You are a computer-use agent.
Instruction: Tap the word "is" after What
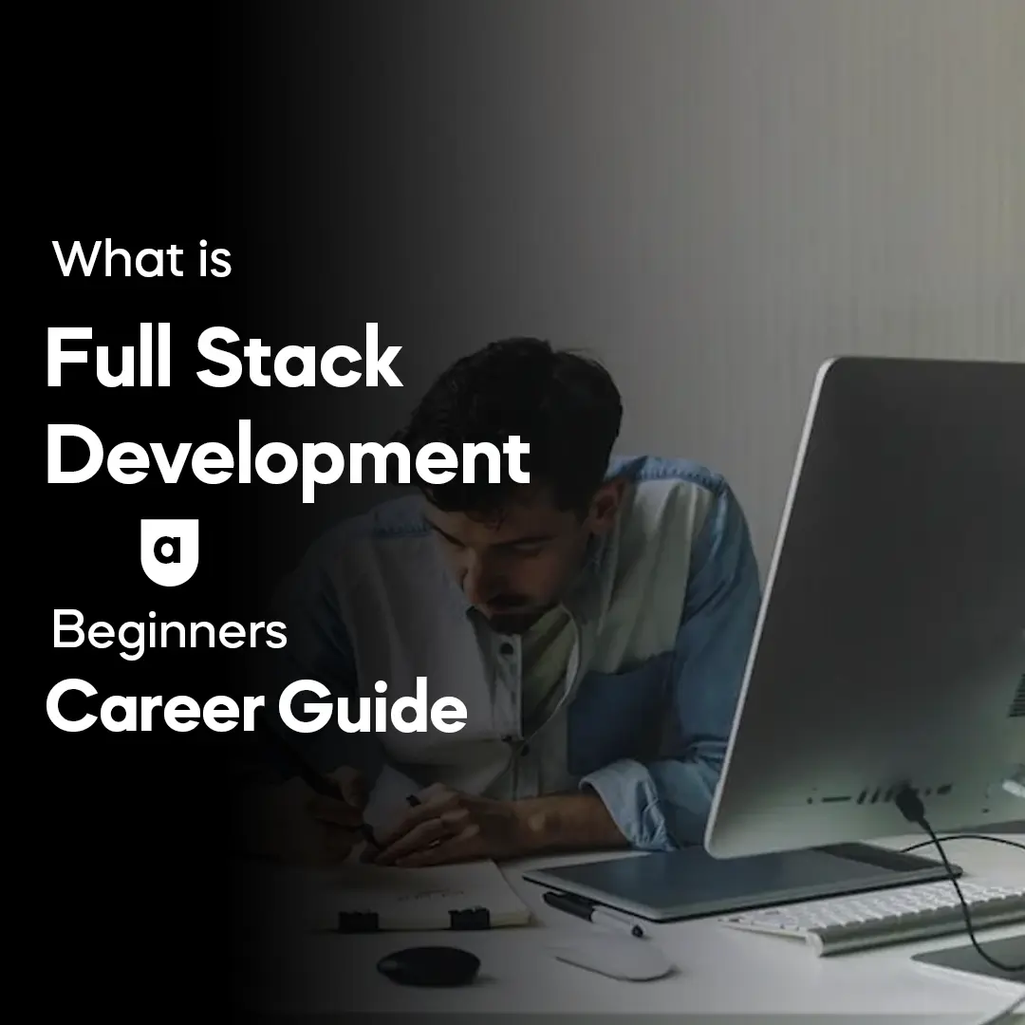point(215,259)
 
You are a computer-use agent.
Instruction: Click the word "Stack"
point(299,358)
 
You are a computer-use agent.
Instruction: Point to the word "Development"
point(288,457)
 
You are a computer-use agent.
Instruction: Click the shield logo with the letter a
point(169,552)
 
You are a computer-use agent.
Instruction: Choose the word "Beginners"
point(169,631)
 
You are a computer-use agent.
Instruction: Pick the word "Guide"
point(373,705)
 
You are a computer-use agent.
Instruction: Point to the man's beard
point(523,614)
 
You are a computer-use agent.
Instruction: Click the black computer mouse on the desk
point(429,965)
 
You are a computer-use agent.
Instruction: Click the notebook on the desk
point(425,896)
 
